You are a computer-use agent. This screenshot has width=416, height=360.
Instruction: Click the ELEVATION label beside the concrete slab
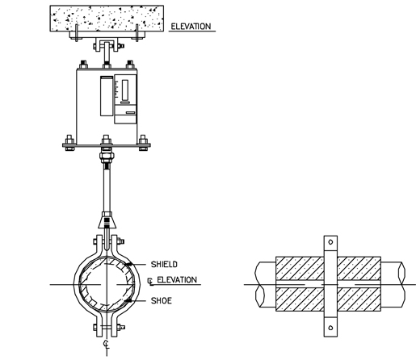(x=191, y=27)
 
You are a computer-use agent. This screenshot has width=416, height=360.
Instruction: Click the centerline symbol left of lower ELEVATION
(x=151, y=281)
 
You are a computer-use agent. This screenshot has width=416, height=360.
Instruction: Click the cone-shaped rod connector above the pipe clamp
(x=107, y=220)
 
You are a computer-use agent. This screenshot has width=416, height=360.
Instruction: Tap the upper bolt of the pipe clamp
(x=107, y=240)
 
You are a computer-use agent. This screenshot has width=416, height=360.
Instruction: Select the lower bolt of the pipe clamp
(x=107, y=327)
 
